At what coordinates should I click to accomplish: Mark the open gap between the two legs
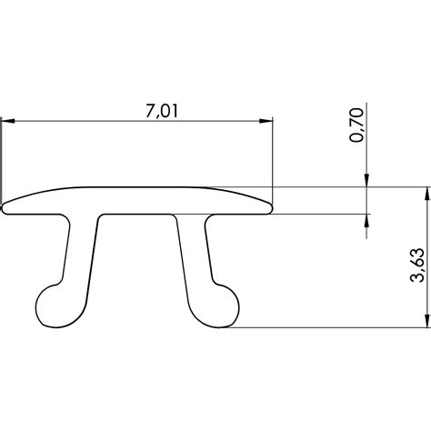tap(136, 273)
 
